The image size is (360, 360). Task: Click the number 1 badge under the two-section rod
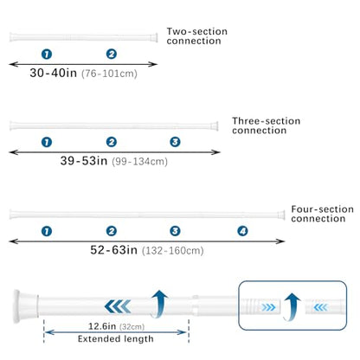tap(47, 54)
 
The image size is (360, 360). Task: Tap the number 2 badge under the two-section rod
tap(112, 54)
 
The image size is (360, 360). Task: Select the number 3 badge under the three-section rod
tap(175, 142)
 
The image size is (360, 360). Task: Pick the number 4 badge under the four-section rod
tap(242, 231)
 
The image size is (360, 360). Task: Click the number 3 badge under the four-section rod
tap(175, 231)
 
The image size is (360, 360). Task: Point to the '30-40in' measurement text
tap(54, 73)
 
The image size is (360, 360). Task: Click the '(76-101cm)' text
tap(109, 74)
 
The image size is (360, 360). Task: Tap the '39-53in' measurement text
tap(84, 161)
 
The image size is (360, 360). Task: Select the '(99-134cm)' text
tap(139, 162)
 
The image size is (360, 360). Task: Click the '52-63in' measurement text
tap(113, 250)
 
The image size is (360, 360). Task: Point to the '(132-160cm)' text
tap(173, 251)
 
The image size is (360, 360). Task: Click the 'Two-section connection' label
tap(197, 36)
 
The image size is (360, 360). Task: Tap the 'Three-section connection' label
tap(266, 125)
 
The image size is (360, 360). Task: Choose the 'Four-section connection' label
tap(322, 214)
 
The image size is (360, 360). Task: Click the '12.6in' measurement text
tap(102, 326)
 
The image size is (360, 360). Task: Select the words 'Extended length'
tap(116, 339)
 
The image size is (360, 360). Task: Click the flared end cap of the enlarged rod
tap(25, 306)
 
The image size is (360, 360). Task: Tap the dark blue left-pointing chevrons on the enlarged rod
tap(118, 306)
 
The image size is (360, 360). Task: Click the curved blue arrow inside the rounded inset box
tap(292, 307)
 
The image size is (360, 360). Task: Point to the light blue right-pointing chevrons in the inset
tap(268, 307)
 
